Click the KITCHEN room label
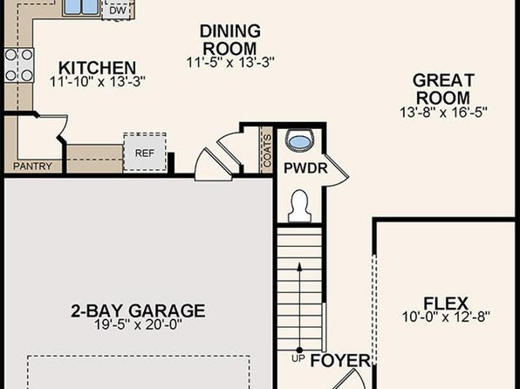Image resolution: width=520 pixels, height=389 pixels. click(97, 68)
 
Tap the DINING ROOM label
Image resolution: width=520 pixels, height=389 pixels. click(229, 40)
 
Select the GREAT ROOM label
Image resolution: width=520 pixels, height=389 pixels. click(443, 89)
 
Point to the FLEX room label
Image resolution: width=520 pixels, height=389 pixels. click(446, 304)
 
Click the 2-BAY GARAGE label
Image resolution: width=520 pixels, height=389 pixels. click(139, 311)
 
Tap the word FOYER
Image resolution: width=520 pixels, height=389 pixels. click(340, 360)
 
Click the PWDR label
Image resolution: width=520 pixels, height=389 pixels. click(305, 168)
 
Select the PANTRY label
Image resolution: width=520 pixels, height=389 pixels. click(32, 166)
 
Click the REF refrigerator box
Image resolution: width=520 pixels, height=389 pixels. click(145, 153)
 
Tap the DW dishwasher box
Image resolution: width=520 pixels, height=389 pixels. click(119, 10)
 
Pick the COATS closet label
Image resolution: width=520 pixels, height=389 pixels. click(267, 151)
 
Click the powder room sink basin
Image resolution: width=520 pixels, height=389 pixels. click(300, 140)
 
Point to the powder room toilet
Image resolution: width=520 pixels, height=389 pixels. click(299, 206)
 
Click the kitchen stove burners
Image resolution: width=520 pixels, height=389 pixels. click(19, 65)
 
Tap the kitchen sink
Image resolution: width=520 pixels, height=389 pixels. click(82, 7)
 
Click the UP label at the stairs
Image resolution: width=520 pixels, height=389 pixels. click(298, 358)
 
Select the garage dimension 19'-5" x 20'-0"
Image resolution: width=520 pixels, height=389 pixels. click(139, 324)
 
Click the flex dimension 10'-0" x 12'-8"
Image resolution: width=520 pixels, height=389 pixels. click(446, 317)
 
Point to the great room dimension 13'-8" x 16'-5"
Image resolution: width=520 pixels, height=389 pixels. click(443, 113)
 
